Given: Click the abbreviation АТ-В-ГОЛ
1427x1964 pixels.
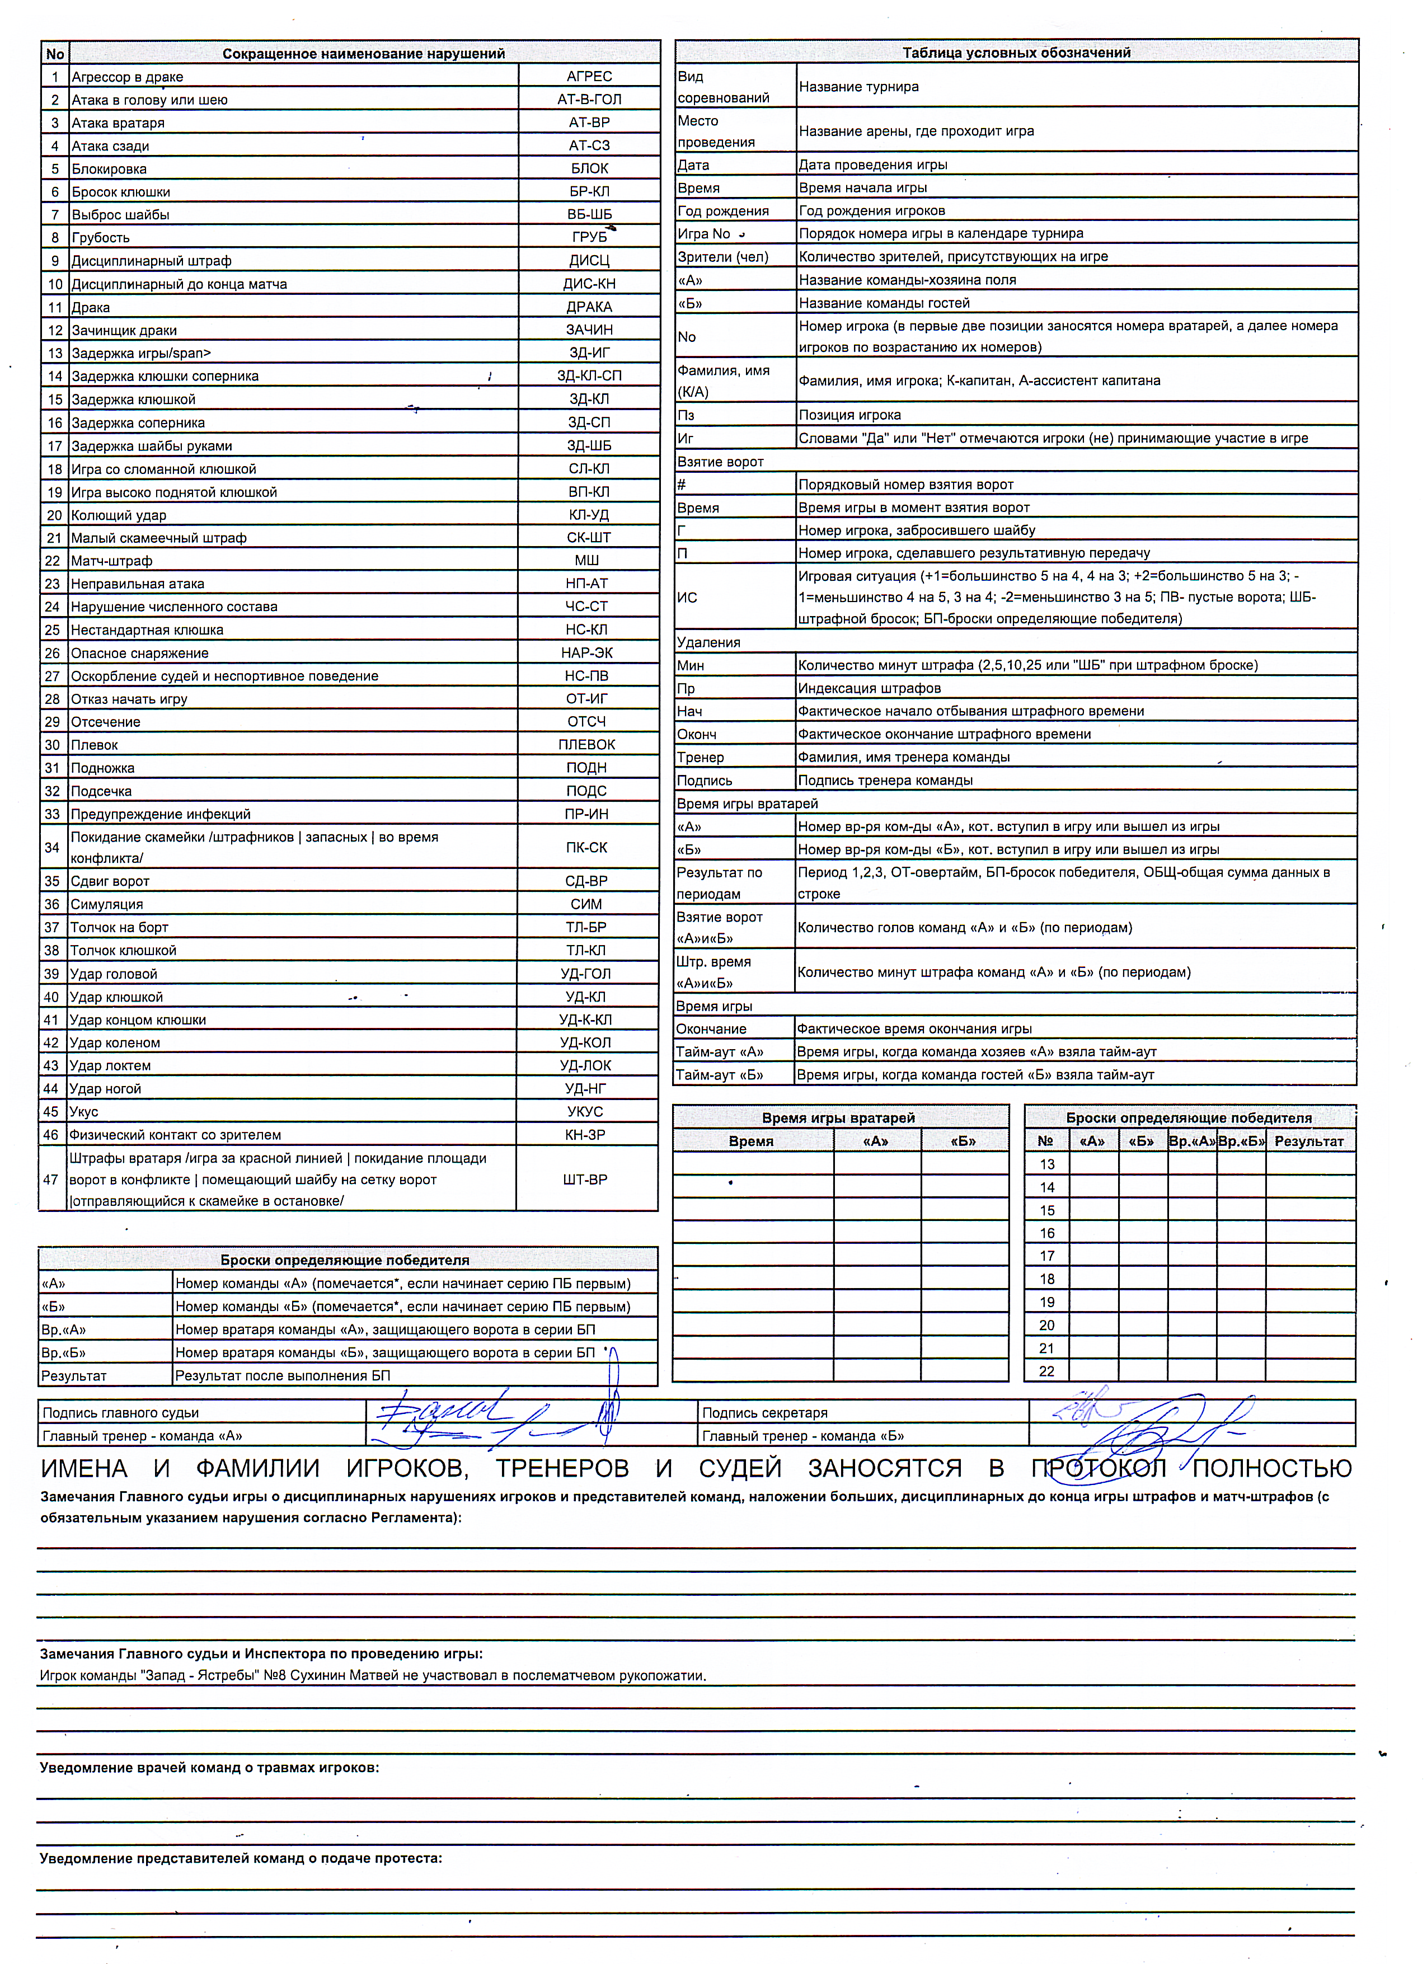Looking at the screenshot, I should pyautogui.click(x=589, y=100).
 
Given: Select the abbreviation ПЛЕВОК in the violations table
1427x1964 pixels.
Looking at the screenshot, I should pyautogui.click(x=586, y=745).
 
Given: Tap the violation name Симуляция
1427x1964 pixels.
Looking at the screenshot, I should pyautogui.click(x=106, y=904).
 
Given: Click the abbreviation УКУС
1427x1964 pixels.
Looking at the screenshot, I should pyautogui.click(x=585, y=1112).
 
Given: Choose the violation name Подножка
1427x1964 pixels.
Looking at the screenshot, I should pyautogui.click(x=102, y=768).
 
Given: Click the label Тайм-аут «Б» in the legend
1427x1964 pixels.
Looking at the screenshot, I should pyautogui.click(x=720, y=1075).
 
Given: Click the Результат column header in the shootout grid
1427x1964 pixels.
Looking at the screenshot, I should pyautogui.click(x=1308, y=1141).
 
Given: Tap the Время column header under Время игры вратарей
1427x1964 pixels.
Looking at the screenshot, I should pyautogui.click(x=751, y=1141).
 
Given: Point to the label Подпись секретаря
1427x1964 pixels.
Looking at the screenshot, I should pyautogui.click(x=764, y=1413).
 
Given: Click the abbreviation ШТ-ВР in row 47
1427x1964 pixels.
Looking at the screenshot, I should pyautogui.click(x=585, y=1180).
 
